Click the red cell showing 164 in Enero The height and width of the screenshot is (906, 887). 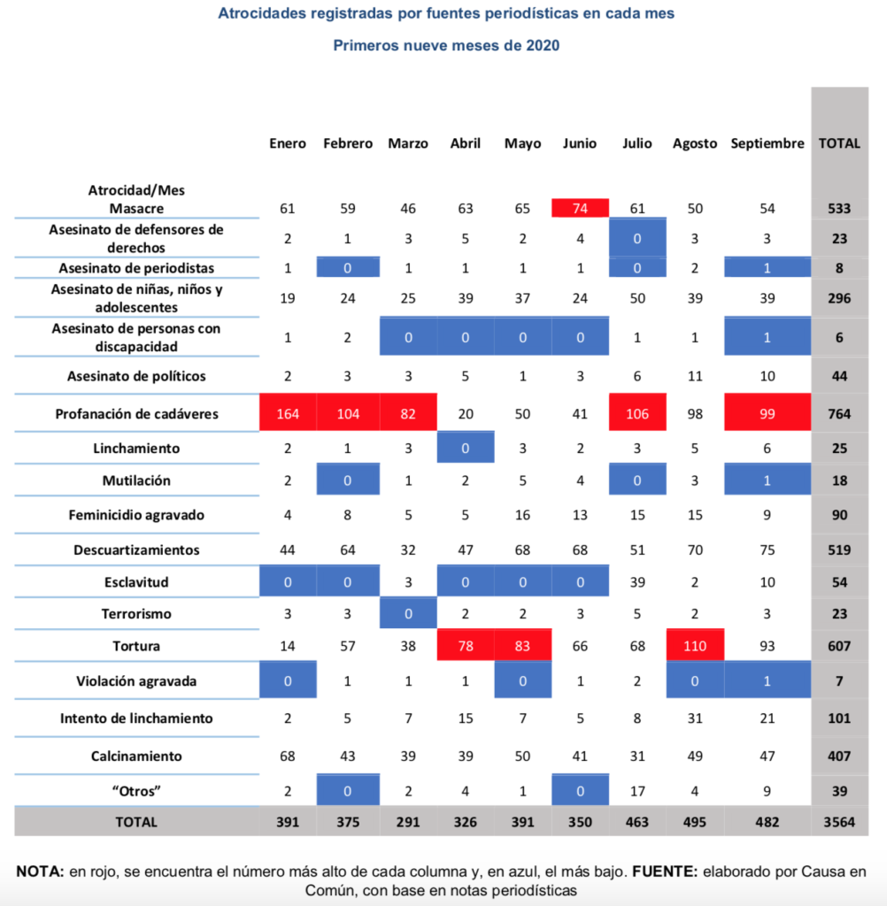(288, 413)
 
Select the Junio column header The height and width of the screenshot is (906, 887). (580, 143)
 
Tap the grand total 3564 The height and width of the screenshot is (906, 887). (839, 821)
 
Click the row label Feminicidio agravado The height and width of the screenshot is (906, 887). (136, 514)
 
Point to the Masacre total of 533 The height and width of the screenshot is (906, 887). (839, 209)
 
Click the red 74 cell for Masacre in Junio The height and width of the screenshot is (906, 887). (580, 209)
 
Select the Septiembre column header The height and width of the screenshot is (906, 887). (767, 143)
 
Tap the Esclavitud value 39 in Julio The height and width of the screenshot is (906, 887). (637, 582)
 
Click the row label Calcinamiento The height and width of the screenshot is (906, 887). (136, 756)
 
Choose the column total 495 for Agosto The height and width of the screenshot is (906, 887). (695, 821)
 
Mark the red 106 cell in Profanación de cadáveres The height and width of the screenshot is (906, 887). (637, 413)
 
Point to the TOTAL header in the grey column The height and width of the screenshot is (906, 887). (839, 143)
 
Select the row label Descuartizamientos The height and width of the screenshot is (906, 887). (136, 550)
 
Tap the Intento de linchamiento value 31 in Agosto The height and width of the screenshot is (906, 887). (695, 718)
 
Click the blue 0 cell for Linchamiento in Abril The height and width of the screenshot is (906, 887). (466, 449)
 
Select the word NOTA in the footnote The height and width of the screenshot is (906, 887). (40, 871)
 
